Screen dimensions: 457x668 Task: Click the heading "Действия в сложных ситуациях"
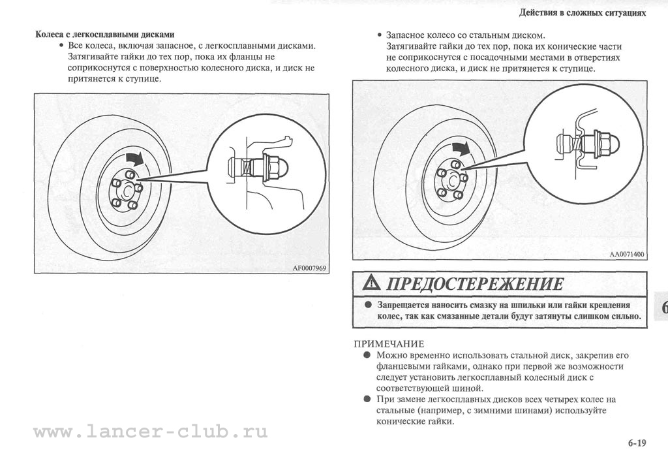tap(583, 12)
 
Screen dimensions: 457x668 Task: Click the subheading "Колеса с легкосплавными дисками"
tap(104, 35)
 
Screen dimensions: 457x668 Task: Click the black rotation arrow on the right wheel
tap(461, 147)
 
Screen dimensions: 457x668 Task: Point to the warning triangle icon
tap(372, 283)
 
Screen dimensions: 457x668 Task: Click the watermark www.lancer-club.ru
tap(150, 432)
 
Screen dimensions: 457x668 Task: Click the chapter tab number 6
tap(663, 308)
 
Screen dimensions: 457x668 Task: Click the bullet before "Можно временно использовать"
tap(368, 355)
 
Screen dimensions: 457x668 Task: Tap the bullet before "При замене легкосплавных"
tap(368, 399)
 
